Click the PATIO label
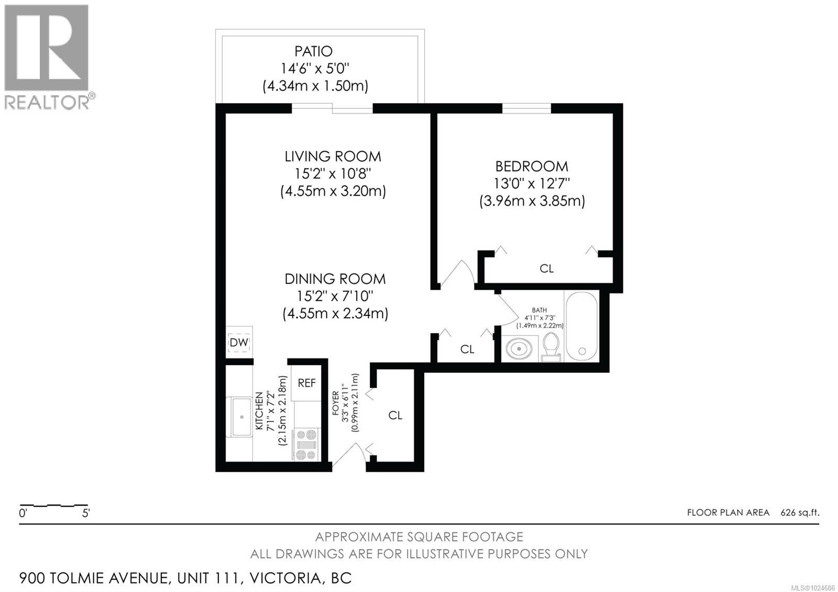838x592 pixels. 313,51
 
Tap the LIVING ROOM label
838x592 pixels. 333,156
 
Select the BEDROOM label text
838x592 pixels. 532,167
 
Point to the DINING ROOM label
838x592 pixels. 335,279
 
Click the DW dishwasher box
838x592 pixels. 239,342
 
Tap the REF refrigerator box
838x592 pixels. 306,383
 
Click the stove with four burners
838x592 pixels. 306,444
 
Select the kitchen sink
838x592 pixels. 241,417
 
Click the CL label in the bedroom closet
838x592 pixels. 546,269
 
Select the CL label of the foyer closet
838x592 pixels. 395,415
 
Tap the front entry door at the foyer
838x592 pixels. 348,455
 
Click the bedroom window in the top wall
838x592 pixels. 526,108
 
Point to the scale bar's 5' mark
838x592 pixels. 86,513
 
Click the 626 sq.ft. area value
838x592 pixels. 800,512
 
